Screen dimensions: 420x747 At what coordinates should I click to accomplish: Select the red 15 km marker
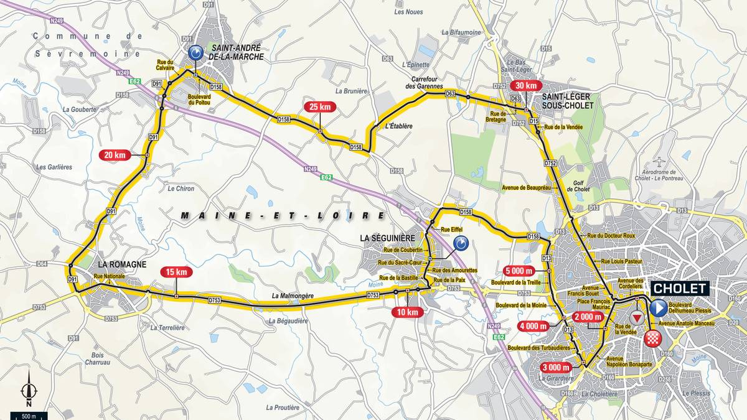(x=176, y=272)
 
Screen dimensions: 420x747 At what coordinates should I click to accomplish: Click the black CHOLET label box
(x=680, y=288)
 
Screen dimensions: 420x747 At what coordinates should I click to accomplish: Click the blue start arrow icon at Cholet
(x=659, y=308)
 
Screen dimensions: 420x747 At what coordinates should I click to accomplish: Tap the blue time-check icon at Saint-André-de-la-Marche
(x=195, y=54)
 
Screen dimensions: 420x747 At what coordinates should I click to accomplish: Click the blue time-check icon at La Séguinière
(x=461, y=243)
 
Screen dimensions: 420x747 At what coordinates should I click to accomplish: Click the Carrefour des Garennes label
(x=426, y=83)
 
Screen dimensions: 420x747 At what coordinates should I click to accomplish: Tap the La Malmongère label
(x=291, y=296)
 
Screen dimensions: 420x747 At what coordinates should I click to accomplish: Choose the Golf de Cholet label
(x=578, y=185)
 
